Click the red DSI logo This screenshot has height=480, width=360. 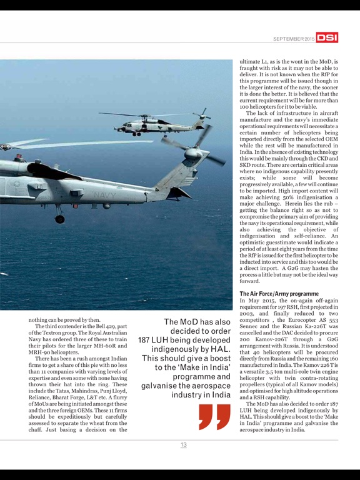coord(327,38)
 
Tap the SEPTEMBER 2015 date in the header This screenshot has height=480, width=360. coord(294,39)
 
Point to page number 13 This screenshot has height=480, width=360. coord(183,444)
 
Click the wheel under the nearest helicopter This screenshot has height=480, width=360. coord(60,218)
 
